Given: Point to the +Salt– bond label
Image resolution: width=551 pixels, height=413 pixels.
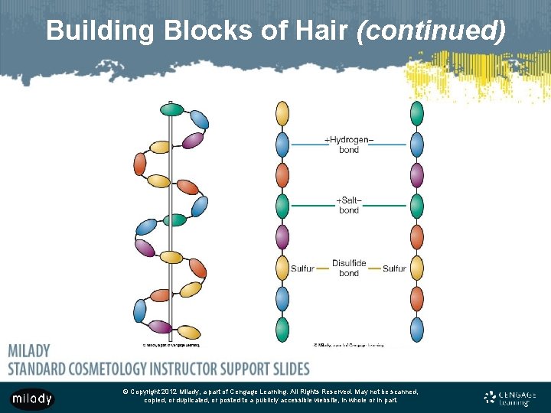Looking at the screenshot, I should pyautogui.click(x=349, y=205).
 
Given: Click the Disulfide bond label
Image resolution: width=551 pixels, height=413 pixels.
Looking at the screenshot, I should pyautogui.click(x=349, y=268).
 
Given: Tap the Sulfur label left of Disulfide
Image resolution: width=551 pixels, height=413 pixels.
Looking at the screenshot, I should pyautogui.click(x=302, y=268).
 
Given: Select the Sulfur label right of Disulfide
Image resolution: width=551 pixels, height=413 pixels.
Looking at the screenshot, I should pyautogui.click(x=394, y=268).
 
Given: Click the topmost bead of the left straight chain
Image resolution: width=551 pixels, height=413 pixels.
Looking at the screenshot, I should pyautogui.click(x=282, y=114).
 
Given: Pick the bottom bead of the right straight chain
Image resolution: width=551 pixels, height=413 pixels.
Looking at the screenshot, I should pyautogui.click(x=416, y=329).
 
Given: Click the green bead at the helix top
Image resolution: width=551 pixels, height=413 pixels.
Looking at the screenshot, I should pyautogui.click(x=172, y=109).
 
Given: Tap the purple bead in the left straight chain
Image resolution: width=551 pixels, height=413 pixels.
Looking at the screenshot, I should pyautogui.click(x=282, y=237).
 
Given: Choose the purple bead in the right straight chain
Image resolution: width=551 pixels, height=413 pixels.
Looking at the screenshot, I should pyautogui.click(x=416, y=175).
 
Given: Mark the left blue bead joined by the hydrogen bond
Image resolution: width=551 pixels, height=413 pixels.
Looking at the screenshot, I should pyautogui.click(x=282, y=144).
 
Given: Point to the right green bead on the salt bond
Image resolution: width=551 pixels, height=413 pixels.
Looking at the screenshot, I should pyautogui.click(x=416, y=206).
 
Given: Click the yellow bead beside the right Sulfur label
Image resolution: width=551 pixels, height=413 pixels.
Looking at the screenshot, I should pyautogui.click(x=416, y=268).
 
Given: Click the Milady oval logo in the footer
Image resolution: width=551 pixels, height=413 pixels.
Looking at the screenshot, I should pyautogui.click(x=32, y=398).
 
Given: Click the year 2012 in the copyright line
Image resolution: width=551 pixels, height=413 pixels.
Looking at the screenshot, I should pyautogui.click(x=171, y=392).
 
